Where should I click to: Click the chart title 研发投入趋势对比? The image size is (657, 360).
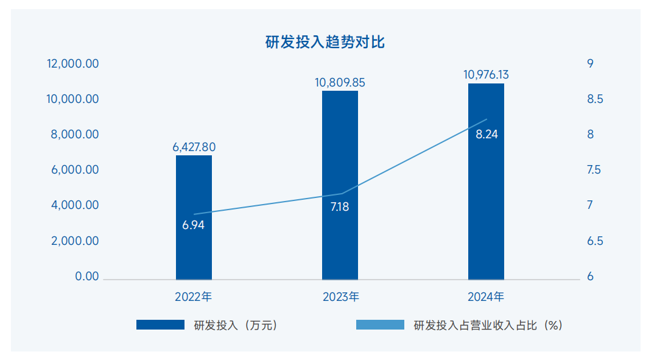pyautogui.click(x=325, y=42)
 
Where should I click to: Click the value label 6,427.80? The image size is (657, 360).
pyautogui.click(x=194, y=147)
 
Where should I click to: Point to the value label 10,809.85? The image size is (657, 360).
pyautogui.click(x=340, y=82)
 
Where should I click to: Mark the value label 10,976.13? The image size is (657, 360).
pyautogui.click(x=486, y=75)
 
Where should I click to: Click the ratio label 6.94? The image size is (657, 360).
pyautogui.click(x=194, y=225)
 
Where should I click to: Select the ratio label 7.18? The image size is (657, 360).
pyautogui.click(x=340, y=206)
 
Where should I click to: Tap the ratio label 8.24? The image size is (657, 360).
pyautogui.click(x=487, y=135)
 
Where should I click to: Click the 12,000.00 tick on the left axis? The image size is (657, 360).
pyautogui.click(x=73, y=64)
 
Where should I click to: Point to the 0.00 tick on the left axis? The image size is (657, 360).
pyautogui.click(x=86, y=277)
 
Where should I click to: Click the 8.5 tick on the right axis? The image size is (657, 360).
pyautogui.click(x=594, y=99)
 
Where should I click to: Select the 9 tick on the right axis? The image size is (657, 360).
pyautogui.click(x=590, y=64)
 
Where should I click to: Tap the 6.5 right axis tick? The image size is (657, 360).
pyautogui.click(x=594, y=241)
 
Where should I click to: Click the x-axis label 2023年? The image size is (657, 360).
pyautogui.click(x=340, y=297)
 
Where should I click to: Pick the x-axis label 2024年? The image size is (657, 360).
pyautogui.click(x=486, y=297)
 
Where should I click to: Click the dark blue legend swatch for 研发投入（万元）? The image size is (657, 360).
pyautogui.click(x=160, y=325)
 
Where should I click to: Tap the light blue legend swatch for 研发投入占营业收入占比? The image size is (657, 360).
pyautogui.click(x=379, y=325)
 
